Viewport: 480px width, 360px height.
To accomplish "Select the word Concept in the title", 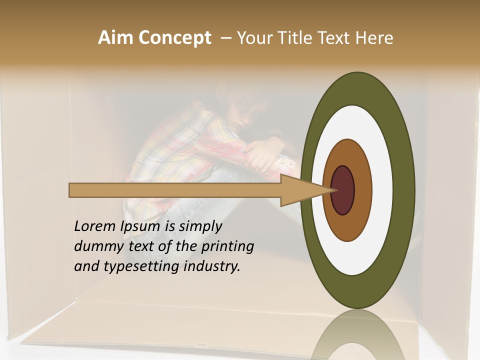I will coord(174,38).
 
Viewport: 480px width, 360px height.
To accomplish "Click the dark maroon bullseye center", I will coord(343,190).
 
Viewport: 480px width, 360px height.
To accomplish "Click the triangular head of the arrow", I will coord(300,190).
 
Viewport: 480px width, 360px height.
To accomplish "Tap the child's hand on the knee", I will coord(260,155).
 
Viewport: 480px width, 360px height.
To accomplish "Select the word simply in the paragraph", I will coord(200,226).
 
